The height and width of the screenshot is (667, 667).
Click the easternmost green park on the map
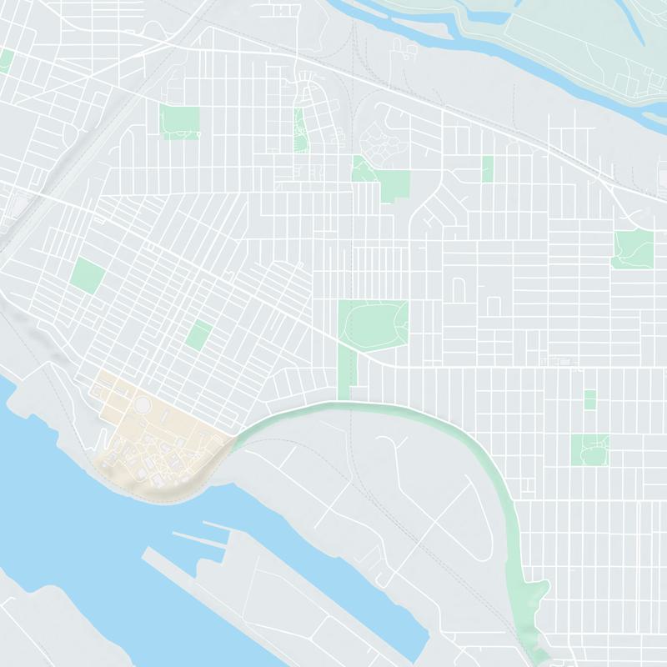(x=632, y=248)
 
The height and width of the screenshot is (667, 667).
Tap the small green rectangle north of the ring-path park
(x=589, y=399)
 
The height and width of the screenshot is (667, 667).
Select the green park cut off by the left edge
(x=6, y=60)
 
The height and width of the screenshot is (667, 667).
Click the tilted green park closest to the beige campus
(x=198, y=334)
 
